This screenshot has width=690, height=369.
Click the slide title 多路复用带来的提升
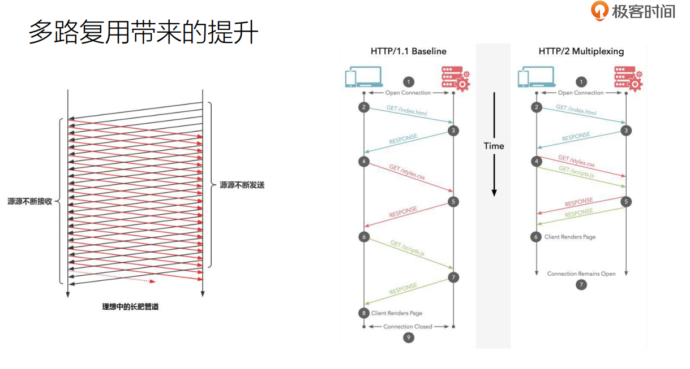tap(143, 33)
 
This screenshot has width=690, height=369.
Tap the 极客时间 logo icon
tap(599, 11)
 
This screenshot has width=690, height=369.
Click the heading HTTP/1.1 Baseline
tap(408, 51)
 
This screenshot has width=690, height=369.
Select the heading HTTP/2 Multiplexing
tap(581, 51)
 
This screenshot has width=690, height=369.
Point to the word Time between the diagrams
tap(494, 146)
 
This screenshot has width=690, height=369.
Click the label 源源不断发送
tap(242, 185)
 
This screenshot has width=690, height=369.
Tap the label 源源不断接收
tap(29, 201)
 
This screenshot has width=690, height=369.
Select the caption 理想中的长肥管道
tap(135, 307)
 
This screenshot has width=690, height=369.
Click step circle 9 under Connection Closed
tap(408, 338)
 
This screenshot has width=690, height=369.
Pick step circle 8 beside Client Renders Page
tap(363, 313)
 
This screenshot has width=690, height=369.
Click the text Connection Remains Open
tap(581, 274)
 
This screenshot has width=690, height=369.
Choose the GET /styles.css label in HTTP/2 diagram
tap(576, 161)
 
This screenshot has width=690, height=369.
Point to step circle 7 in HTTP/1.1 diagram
tap(453, 277)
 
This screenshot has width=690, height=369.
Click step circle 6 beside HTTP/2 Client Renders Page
tap(536, 237)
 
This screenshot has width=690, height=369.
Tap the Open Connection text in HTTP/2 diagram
tap(581, 93)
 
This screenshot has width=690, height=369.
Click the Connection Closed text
tap(408, 327)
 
